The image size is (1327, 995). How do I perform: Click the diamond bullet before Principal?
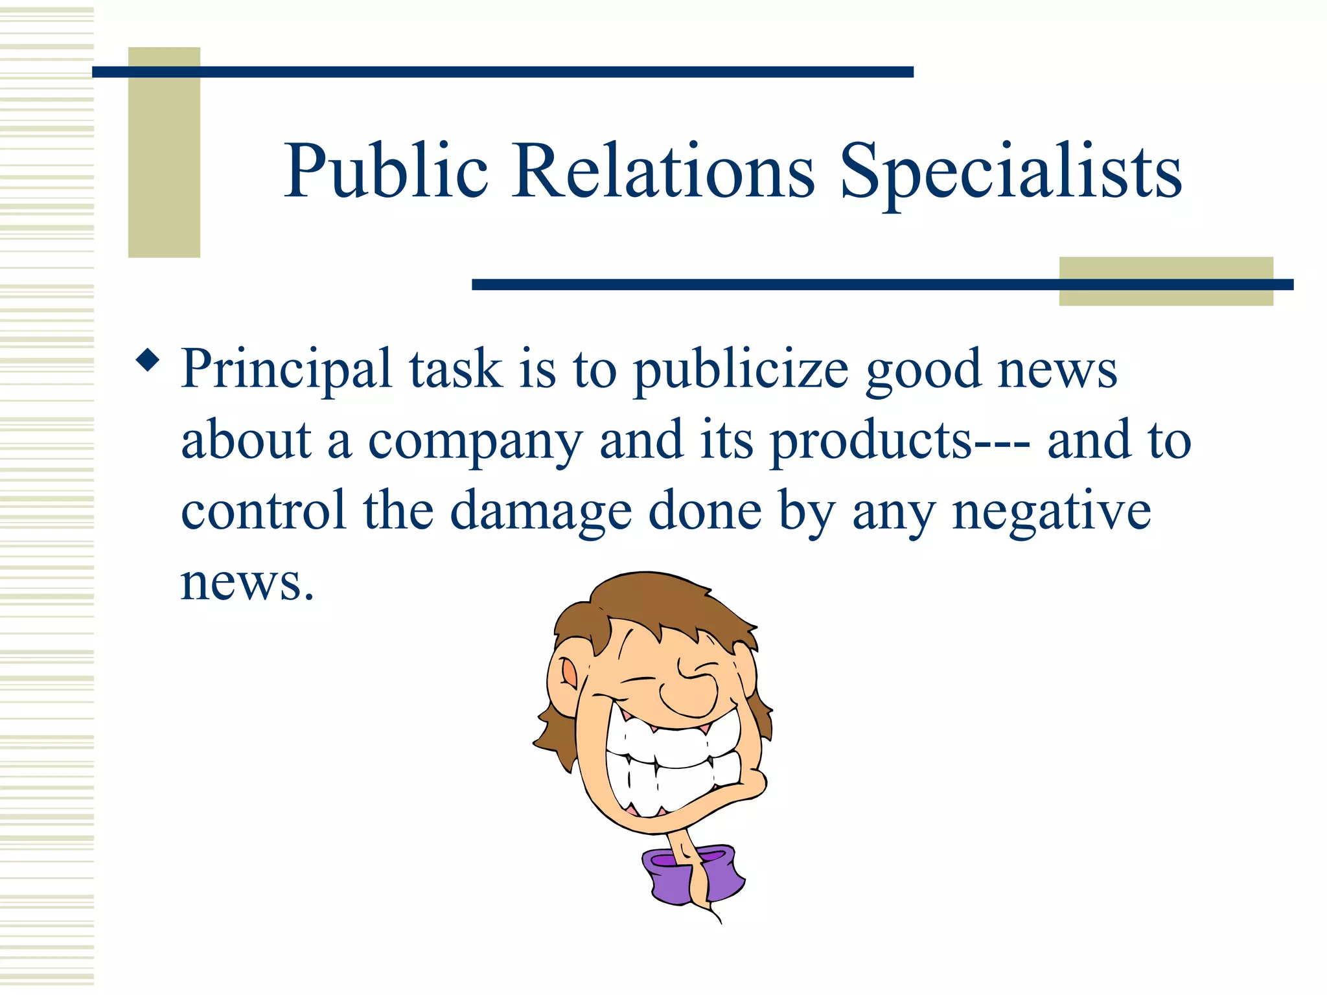coord(148,360)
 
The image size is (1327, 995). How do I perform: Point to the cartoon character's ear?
coord(568,674)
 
